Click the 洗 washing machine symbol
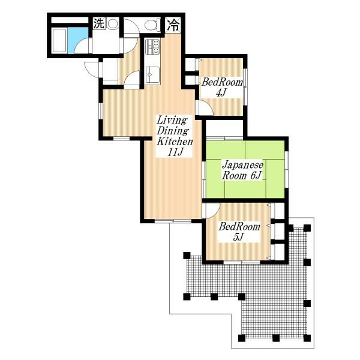click(97, 25)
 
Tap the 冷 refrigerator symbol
click(173, 25)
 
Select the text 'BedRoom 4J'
click(215, 87)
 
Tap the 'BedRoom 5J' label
click(239, 232)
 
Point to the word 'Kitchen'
click(175, 142)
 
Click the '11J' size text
click(175, 153)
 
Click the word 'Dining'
click(173, 131)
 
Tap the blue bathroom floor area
click(74, 40)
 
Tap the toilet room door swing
click(131, 46)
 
